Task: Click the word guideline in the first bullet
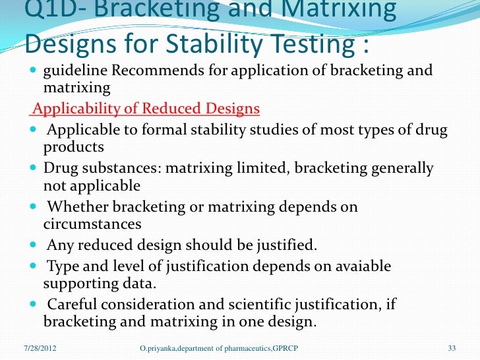click(75, 71)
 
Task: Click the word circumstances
click(92, 224)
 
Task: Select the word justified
click(282, 247)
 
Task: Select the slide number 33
click(452, 347)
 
